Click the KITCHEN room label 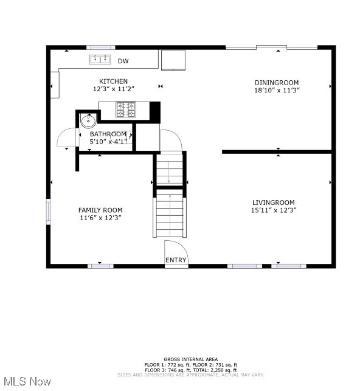click(114, 81)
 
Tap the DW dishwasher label click(123, 61)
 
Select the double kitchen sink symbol click(100, 60)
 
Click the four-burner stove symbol click(126, 109)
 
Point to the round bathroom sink click(89, 120)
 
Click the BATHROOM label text click(108, 134)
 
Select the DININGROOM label click(277, 83)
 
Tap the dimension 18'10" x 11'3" click(277, 90)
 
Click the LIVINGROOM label click(274, 202)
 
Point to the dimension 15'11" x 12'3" click(274, 210)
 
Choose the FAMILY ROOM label click(100, 210)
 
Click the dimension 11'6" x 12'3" click(100, 218)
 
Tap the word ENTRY click(176, 260)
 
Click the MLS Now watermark click(27, 381)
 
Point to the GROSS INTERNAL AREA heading click(191, 359)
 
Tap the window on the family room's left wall click(49, 212)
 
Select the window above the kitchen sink click(101, 47)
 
